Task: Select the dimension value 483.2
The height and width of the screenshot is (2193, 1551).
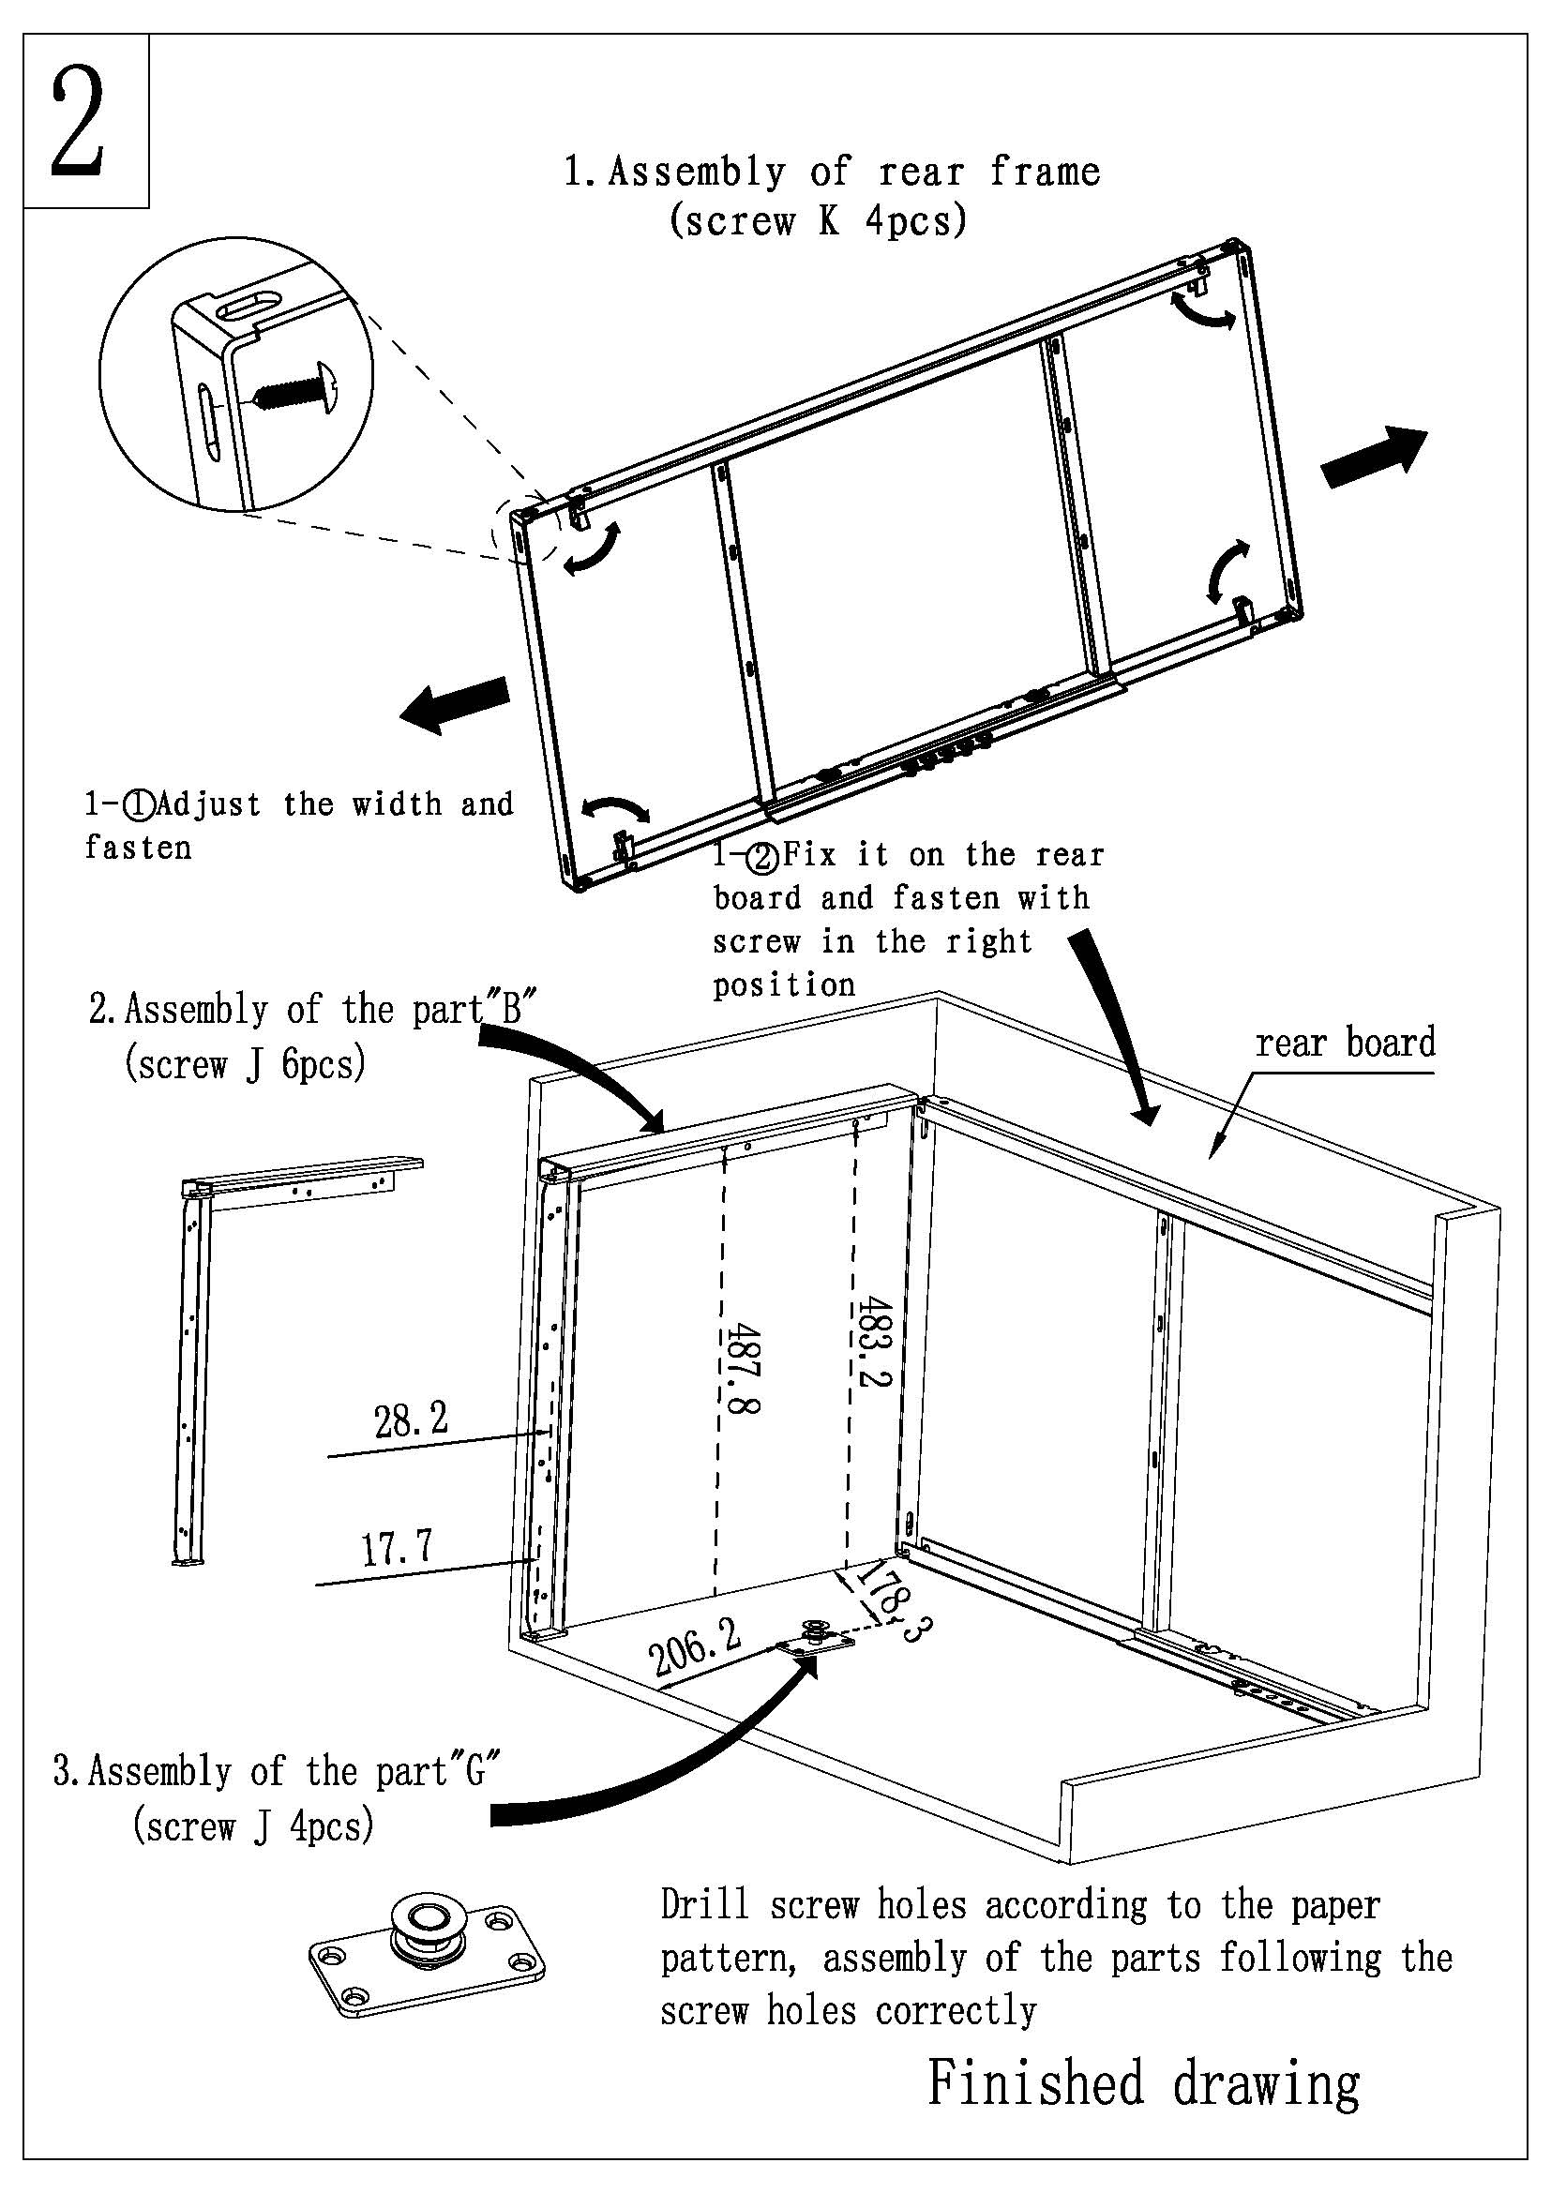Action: coord(873,1341)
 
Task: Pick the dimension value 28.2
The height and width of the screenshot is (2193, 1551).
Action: coord(411,1421)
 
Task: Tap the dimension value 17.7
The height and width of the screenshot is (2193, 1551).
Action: coord(397,1547)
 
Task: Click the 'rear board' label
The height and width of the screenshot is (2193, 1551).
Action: coord(1345,1042)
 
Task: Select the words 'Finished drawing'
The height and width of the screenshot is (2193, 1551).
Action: coord(1144,2082)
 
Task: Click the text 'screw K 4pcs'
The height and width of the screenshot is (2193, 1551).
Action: coord(819,220)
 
